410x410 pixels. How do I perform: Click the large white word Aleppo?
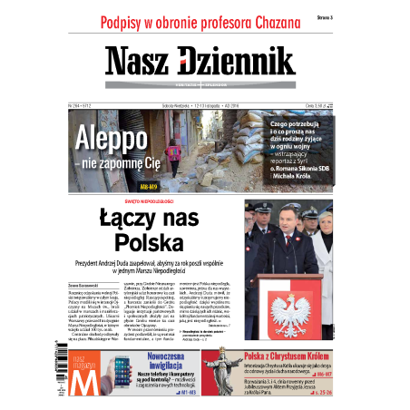pyautogui.click(x=111, y=139)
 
